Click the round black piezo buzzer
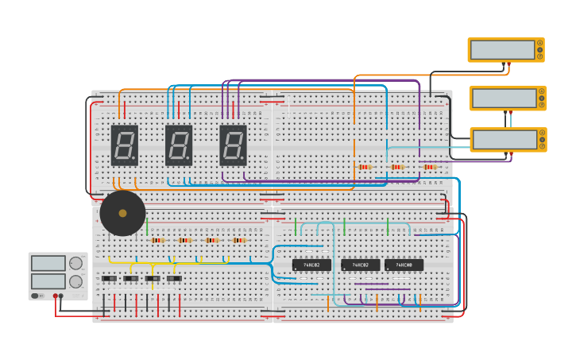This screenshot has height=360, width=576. tap(122, 213)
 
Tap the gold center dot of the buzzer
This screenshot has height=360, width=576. tap(122, 213)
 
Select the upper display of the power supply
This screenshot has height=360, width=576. tap(48, 263)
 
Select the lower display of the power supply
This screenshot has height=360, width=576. tap(48, 281)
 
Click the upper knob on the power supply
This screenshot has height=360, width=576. tap(75, 263)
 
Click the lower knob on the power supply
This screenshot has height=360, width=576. tap(75, 281)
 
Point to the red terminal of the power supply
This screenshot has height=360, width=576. tap(56, 296)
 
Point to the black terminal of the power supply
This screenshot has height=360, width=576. tap(61, 296)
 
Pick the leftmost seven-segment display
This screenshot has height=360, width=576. tap(124, 145)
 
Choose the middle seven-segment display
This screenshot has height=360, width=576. tap(179, 145)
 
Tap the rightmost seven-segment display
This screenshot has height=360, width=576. tap(233, 145)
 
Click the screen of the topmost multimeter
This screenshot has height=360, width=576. tap(502, 49)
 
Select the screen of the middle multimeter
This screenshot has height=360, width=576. tap(504, 98)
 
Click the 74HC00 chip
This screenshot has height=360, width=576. tap(404, 265)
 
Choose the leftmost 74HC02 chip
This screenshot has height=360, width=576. tap(311, 265)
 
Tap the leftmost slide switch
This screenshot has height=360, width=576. tap(109, 278)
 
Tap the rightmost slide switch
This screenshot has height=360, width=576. tap(173, 278)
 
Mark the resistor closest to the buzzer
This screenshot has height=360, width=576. tap(157, 240)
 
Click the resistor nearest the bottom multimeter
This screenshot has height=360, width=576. tap(430, 167)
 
